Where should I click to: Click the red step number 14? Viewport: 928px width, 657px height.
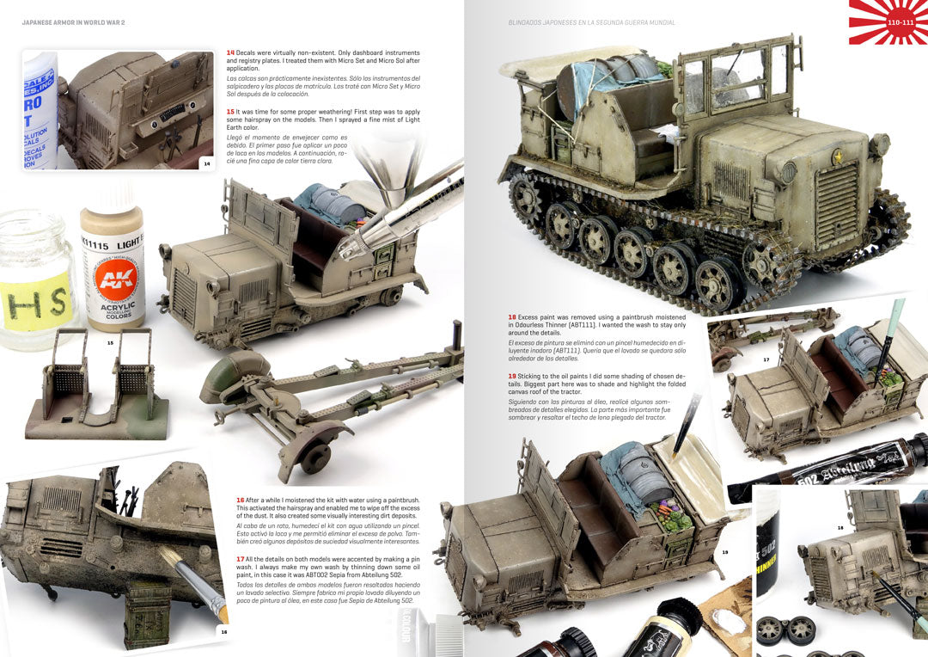(230, 53)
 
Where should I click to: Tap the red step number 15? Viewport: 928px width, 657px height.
(230, 111)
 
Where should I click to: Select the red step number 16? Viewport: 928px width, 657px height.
(240, 500)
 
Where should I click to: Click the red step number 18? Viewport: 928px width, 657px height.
(511, 316)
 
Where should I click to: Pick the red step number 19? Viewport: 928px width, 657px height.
(511, 376)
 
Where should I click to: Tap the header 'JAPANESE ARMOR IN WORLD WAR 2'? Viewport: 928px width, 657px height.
(74, 22)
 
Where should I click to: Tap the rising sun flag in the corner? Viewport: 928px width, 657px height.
(888, 21)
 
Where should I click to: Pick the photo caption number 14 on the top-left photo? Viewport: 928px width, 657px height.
(206, 163)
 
